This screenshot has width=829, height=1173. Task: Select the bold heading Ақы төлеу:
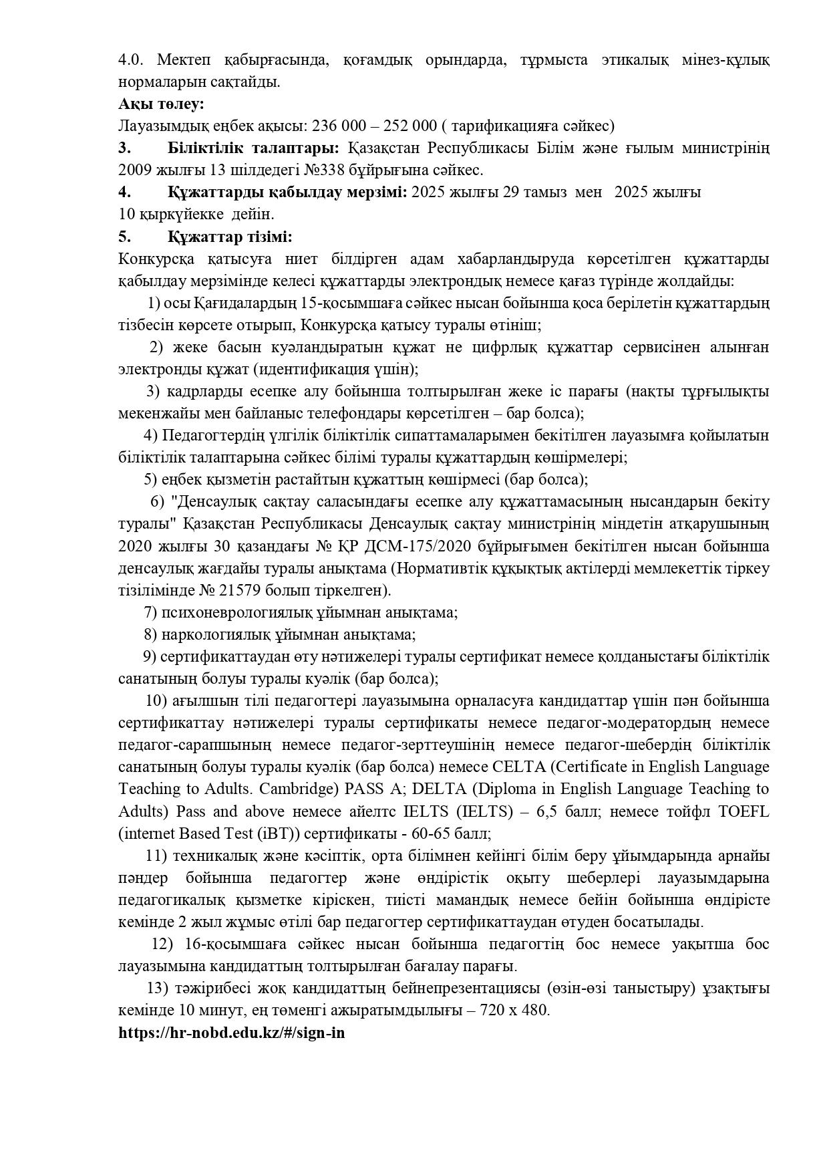click(x=161, y=104)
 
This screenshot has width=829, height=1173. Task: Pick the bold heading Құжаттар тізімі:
click(x=230, y=237)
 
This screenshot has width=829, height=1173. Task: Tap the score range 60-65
click(x=436, y=834)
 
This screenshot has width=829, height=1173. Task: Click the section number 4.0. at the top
click(x=131, y=60)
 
